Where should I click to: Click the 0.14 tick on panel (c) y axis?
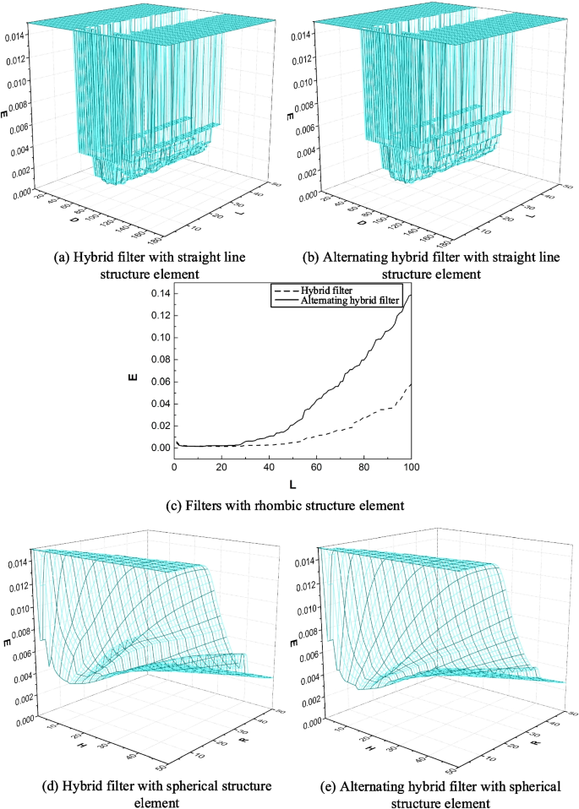point(160,294)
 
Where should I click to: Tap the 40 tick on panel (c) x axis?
point(269,468)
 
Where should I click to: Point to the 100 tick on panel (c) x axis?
point(411,468)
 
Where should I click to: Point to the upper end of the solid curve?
point(411,295)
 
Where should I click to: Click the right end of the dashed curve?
point(411,383)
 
